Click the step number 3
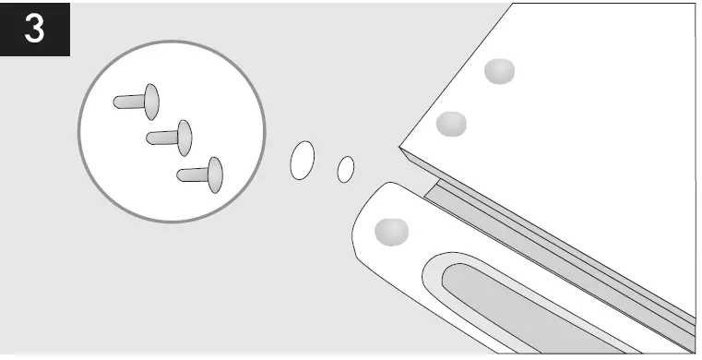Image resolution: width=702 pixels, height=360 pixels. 34,29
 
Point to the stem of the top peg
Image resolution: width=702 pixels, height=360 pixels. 127,101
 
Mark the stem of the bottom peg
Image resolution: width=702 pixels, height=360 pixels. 192,174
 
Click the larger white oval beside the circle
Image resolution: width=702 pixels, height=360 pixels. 303,160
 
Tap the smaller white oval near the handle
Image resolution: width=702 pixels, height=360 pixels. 346,169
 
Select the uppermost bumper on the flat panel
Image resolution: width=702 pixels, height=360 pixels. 499,71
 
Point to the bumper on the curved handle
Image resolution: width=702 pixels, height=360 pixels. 392,231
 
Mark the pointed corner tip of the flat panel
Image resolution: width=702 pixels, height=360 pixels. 401,145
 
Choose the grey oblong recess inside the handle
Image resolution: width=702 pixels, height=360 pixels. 517,309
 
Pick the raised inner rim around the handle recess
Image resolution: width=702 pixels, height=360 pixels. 434,277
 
